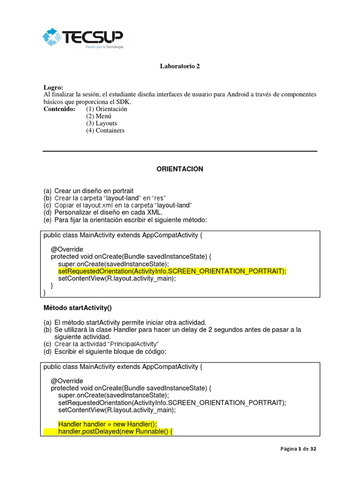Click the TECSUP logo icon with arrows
coord(52,37)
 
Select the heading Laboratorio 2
coord(180,66)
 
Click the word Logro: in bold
coord(53,88)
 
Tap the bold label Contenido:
coord(59,109)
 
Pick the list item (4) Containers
coord(105,131)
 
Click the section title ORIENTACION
coord(180,169)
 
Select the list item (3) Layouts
coord(101,123)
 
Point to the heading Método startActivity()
coord(77,308)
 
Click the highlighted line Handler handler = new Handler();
coord(107,424)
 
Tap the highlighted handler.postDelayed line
coord(115,431)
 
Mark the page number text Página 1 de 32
coord(299,449)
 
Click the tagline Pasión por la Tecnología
coord(104,47)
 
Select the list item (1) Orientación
coord(106,109)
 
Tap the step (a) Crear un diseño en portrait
coord(89,191)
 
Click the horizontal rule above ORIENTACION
coord(180,151)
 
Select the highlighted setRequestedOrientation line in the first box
coord(172,271)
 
